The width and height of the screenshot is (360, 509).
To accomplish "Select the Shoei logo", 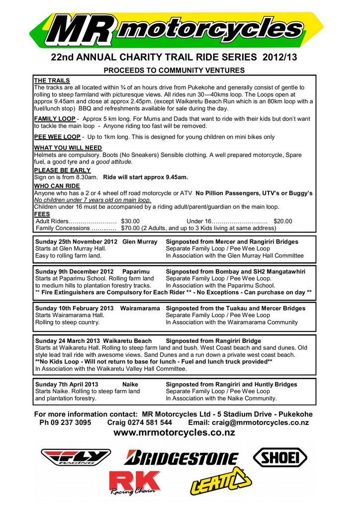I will point(280,456).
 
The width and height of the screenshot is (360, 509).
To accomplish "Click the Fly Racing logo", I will point(76,456).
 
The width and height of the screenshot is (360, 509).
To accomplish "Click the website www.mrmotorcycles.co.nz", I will point(174,432).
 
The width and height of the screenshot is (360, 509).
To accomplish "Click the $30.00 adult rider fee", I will point(130,221).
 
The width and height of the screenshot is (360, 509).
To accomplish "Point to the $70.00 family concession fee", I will point(130,228).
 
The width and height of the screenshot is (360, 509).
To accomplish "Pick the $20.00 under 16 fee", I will point(283,221).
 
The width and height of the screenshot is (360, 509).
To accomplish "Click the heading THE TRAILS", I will point(52,81).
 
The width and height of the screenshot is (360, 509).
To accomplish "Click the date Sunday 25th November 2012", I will point(76,242).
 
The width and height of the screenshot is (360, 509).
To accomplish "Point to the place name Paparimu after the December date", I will point(136,271).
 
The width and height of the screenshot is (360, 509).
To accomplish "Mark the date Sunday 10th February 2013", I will point(75,308).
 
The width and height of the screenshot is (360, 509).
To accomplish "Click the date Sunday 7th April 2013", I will point(67,384).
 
